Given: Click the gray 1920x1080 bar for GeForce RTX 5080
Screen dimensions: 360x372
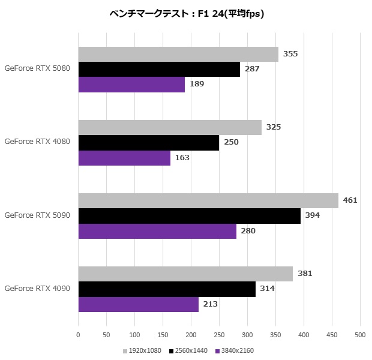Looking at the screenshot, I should [x=178, y=54].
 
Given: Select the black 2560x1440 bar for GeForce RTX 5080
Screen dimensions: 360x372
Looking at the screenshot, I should [x=159, y=69].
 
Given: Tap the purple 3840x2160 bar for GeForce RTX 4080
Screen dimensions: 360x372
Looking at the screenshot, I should [x=124, y=158].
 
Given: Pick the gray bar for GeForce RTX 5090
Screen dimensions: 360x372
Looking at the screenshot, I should [x=208, y=200].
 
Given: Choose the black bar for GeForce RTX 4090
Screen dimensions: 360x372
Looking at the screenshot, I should [x=167, y=289].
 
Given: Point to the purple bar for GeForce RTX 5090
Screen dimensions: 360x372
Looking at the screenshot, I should [x=157, y=231].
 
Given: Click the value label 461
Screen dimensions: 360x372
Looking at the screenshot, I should [x=350, y=200].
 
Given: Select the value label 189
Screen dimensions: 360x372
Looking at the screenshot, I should [x=197, y=84].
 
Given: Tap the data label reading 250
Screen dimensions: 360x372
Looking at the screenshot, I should [x=231, y=142].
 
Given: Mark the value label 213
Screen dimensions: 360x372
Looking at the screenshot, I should [x=210, y=304].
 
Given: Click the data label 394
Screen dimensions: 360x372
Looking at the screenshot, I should [x=313, y=215].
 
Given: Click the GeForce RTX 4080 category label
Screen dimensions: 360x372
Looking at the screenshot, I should [x=37, y=142].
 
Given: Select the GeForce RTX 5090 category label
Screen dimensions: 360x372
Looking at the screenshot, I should [x=37, y=215].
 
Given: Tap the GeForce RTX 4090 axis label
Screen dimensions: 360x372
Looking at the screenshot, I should [x=37, y=289].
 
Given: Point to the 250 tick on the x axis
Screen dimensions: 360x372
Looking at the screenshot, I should [x=219, y=335].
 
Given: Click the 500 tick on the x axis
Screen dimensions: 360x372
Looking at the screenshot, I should [x=360, y=335].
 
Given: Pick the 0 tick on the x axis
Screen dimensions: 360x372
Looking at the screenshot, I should [x=79, y=335].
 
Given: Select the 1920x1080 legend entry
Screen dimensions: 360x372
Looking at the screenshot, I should [x=142, y=350].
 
